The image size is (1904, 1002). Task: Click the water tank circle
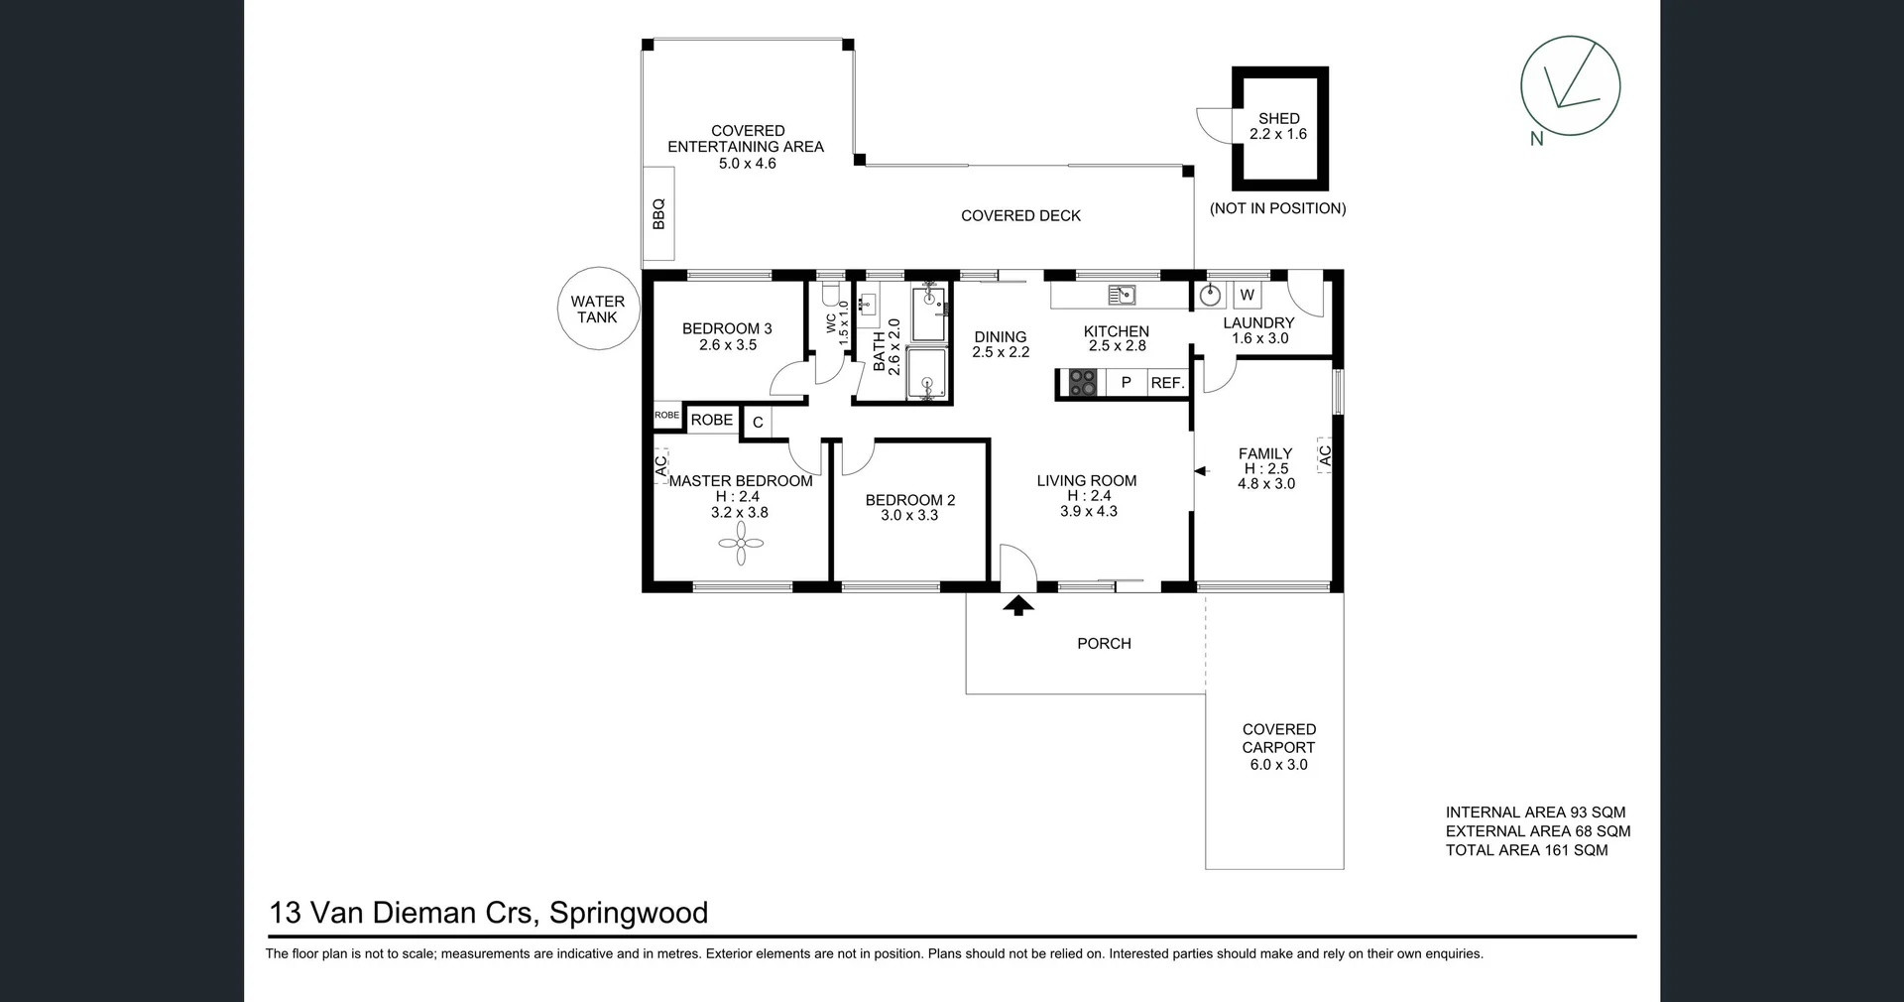597,309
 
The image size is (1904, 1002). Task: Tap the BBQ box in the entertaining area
658,213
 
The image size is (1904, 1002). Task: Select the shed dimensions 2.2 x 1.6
1277,134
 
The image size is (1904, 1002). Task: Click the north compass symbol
1570,86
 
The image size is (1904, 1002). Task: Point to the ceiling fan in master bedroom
741,543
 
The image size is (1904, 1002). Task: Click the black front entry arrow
1017,605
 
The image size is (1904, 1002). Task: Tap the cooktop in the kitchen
1082,383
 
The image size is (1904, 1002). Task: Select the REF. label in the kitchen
1167,383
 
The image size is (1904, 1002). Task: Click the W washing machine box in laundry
1247,295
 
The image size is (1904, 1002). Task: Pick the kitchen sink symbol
1121,295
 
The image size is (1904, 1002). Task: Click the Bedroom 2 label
909,500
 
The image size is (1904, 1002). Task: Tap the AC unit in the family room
1324,455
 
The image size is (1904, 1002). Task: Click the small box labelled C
758,423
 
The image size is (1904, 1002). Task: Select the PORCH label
1104,644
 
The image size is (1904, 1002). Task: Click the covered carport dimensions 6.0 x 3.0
1278,765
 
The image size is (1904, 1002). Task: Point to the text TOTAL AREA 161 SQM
1526,850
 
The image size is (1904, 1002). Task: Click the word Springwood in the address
628,913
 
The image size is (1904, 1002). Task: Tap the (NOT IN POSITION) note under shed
1277,208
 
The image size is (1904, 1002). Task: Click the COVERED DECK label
1020,216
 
